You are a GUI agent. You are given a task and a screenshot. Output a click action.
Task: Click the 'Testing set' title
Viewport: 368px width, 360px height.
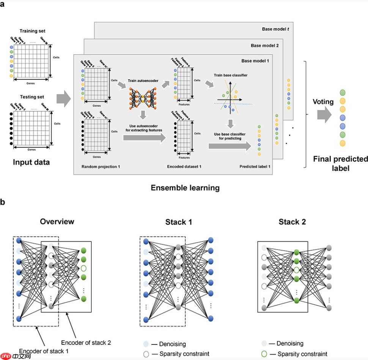(x=32, y=97)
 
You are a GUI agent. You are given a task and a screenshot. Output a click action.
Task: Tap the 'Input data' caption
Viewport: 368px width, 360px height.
(x=31, y=163)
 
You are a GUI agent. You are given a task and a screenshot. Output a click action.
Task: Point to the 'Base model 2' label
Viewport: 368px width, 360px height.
(x=264, y=45)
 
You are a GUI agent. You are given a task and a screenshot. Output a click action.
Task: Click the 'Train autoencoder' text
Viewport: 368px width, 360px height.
(x=142, y=80)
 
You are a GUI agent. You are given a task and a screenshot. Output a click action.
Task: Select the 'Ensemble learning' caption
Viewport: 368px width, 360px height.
(x=185, y=188)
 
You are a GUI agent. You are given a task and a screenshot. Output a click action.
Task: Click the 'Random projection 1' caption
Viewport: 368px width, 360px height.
(x=101, y=166)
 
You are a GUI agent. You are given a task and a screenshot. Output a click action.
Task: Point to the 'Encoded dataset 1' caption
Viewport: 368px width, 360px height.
(x=184, y=166)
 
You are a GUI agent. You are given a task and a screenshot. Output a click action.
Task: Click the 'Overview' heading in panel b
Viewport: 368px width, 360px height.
(x=57, y=221)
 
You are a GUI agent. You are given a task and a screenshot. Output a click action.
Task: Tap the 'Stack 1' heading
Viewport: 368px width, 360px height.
(x=178, y=222)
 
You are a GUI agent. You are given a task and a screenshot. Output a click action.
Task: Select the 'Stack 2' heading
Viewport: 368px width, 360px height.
(x=292, y=222)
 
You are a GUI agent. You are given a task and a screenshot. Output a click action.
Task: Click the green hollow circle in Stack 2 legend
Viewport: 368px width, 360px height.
(x=264, y=354)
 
